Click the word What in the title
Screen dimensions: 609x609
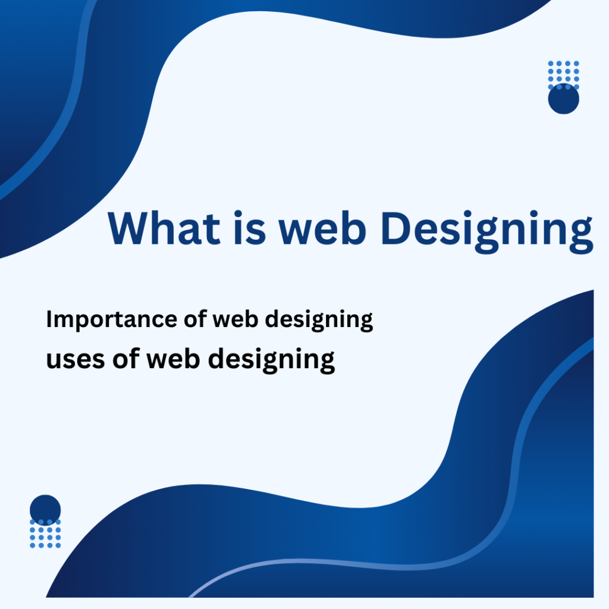point(164,228)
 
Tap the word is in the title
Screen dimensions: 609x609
point(250,228)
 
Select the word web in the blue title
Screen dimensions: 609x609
point(322,228)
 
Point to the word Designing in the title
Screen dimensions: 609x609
point(488,232)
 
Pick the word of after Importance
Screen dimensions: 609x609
point(195,319)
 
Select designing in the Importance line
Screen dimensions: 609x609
point(319,321)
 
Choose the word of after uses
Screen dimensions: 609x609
point(126,358)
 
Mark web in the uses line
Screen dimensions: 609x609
point(173,357)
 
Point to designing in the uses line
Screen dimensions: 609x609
point(271,360)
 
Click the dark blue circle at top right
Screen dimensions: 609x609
point(564,99)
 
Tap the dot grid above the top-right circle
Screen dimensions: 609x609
point(564,75)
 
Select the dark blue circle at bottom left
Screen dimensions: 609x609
point(45,510)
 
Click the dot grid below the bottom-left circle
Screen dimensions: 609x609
point(45,533)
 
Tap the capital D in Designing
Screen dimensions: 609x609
point(395,228)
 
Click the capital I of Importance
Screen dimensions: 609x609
point(49,319)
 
